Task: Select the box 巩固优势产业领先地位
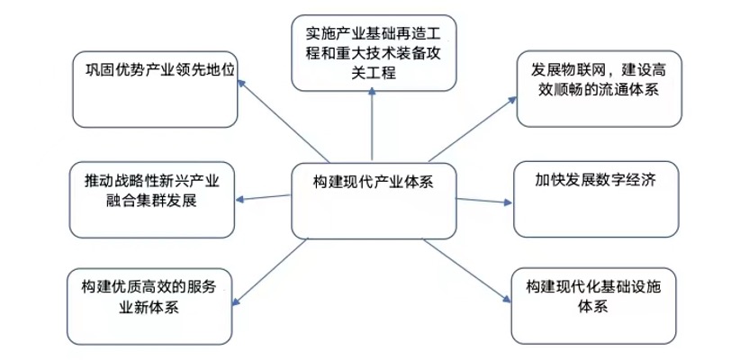pos(154,90)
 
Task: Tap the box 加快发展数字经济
pos(593,198)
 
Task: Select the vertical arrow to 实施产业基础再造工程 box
pos(373,127)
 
